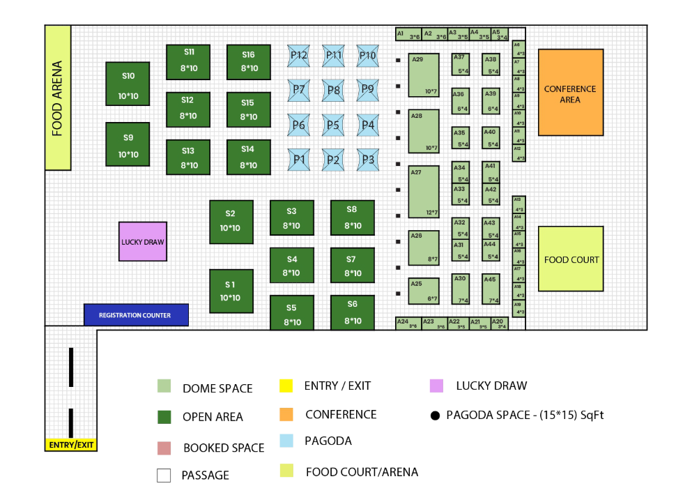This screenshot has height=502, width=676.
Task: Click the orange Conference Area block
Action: coord(570,92)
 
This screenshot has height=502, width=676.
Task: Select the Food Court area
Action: coord(570,259)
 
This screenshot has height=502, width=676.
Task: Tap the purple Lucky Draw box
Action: coord(143,242)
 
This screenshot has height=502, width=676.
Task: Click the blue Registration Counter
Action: coord(136,315)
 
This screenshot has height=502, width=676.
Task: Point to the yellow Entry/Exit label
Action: coord(70,445)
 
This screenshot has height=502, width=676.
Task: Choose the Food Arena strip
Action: coord(58,98)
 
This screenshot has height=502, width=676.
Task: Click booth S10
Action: coord(128,84)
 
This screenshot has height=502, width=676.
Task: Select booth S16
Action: coord(248,62)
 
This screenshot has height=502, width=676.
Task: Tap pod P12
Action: coord(299,56)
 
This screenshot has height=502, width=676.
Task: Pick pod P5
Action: coord(333,125)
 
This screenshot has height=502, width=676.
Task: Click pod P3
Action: coord(367,160)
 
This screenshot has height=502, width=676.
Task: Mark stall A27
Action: coord(424,192)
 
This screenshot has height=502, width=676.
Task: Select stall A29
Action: coord(424,75)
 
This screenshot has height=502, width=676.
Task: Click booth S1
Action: coord(230,291)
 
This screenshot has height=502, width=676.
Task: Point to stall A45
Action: coord(491,289)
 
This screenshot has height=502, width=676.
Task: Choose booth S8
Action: coord(352,217)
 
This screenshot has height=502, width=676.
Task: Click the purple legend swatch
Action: coord(436,386)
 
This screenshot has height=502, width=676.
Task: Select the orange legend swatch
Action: coord(286,415)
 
